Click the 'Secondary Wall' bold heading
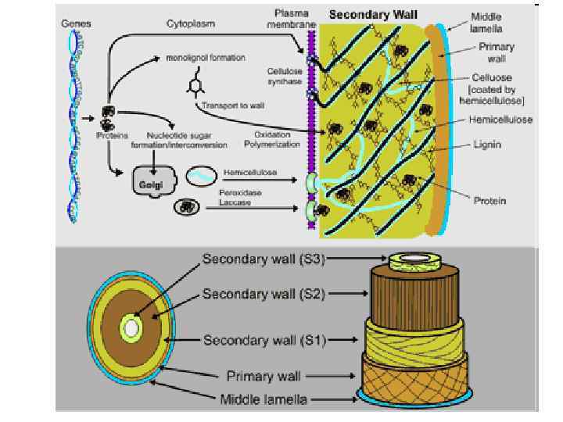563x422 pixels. (x=373, y=14)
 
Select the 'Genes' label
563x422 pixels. (x=76, y=24)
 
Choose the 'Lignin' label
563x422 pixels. (x=487, y=145)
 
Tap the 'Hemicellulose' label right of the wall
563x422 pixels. (x=501, y=120)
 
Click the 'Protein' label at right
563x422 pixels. (x=489, y=201)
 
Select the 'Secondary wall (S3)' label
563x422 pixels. (x=263, y=259)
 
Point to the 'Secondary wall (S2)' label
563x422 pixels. (x=263, y=295)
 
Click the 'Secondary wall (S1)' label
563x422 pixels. (x=263, y=340)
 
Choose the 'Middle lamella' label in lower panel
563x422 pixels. (x=264, y=399)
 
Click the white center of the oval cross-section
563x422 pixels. (x=132, y=329)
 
